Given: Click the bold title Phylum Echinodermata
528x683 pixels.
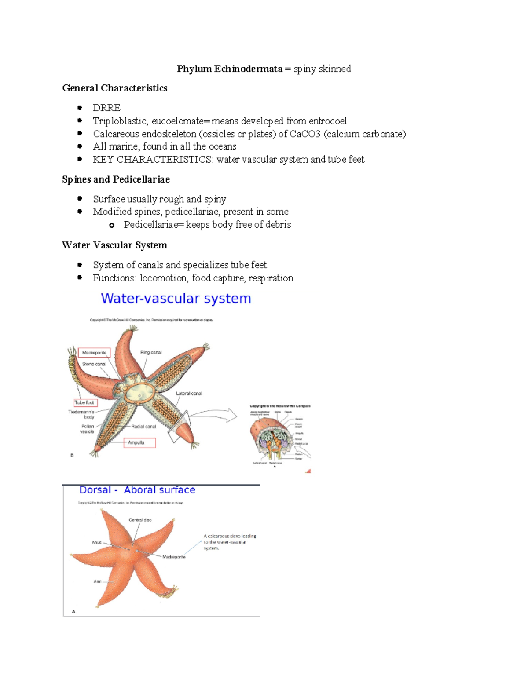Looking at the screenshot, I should (x=229, y=69).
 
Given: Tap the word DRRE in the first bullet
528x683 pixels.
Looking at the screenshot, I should (x=106, y=108).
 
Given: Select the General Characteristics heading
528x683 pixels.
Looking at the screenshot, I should (x=114, y=88).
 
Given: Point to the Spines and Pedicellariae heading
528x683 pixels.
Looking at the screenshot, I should (x=116, y=179).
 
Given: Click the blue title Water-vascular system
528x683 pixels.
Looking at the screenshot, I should (x=176, y=299).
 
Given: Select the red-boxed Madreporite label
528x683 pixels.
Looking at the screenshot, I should (x=94, y=352).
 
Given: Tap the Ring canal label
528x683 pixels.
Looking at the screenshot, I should (x=151, y=352).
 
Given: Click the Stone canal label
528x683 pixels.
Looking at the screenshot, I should (x=94, y=364).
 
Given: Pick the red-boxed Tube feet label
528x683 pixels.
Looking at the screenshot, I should (x=84, y=402).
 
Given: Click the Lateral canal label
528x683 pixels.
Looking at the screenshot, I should (x=189, y=393).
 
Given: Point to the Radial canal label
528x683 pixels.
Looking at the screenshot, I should (x=143, y=427).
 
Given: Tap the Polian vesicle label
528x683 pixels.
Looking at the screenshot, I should (x=87, y=429).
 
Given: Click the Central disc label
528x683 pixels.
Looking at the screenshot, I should (x=140, y=520).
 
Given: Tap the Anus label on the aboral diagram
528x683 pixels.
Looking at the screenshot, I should (x=96, y=542).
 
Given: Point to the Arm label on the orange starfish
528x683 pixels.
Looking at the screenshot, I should (x=97, y=581).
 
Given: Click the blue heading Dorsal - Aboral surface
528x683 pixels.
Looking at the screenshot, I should (x=137, y=490).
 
